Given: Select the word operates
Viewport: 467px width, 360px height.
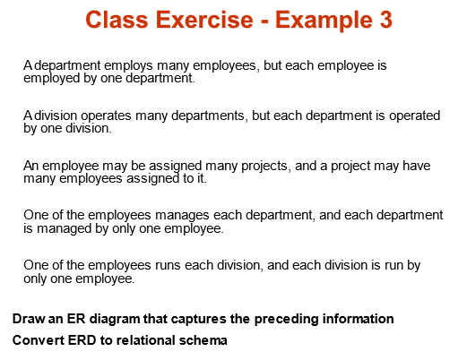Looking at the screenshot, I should tap(100, 116).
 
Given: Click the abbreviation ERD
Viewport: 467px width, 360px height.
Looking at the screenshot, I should tap(82, 340).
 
